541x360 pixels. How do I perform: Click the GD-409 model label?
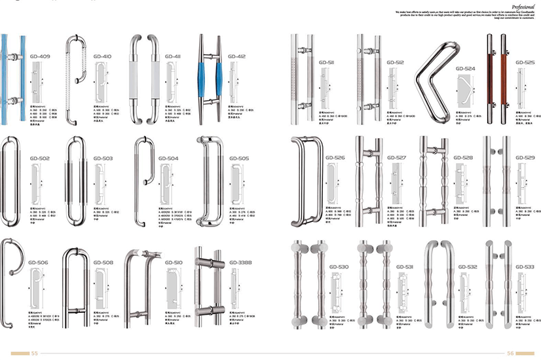(39, 57)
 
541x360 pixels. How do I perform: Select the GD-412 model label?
(236, 57)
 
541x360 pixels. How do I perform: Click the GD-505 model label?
(239, 158)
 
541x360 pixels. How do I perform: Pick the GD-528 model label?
(462, 158)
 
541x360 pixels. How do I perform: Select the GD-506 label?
(39, 262)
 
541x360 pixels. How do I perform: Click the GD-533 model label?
(525, 267)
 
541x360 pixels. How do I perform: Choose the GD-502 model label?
(39, 158)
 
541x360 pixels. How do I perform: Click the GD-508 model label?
(103, 262)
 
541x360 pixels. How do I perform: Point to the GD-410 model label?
(102, 57)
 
